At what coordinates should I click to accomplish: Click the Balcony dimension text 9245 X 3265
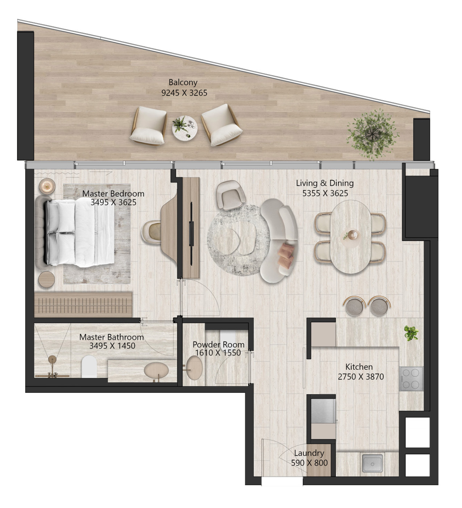pyautogui.click(x=184, y=93)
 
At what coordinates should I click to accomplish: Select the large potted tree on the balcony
pyautogui.click(x=373, y=135)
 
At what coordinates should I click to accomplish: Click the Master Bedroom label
pyautogui.click(x=113, y=194)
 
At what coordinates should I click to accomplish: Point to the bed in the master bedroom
pyautogui.click(x=80, y=232)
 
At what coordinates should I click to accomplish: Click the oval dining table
pyautogui.click(x=351, y=237)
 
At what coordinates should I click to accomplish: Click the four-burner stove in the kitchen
pyautogui.click(x=411, y=379)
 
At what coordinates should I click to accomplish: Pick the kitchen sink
pyautogui.click(x=372, y=463)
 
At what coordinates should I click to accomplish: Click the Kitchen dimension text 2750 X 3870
pyautogui.click(x=361, y=377)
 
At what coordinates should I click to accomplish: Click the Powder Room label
pyautogui.click(x=218, y=344)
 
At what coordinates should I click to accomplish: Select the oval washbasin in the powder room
pyautogui.click(x=194, y=368)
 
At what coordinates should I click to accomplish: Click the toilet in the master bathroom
pyautogui.click(x=89, y=366)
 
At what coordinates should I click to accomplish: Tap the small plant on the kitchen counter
pyautogui.click(x=411, y=333)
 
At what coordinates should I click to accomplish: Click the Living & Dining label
pyautogui.click(x=325, y=183)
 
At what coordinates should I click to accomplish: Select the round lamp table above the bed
pyautogui.click(x=47, y=186)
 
